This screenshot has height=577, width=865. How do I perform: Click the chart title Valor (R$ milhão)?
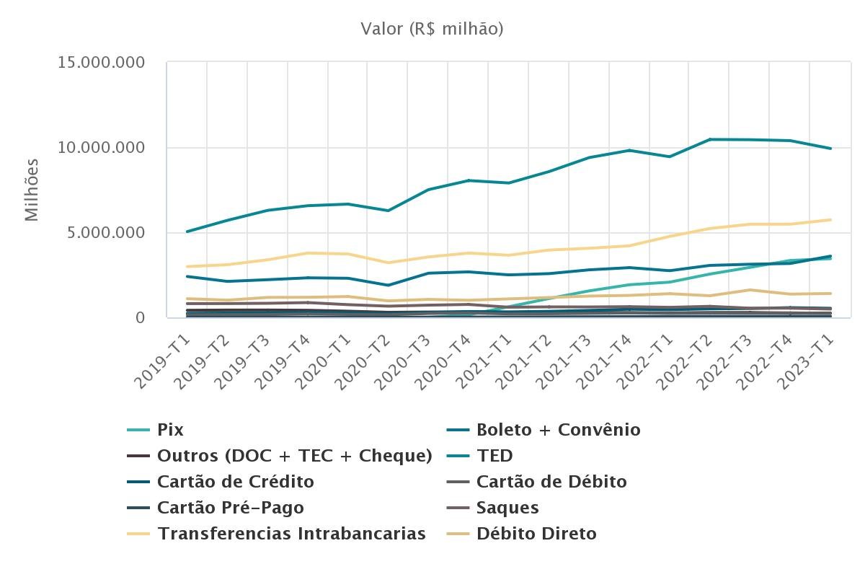pyautogui.click(x=432, y=29)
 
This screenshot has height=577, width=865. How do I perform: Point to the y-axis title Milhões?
pyautogui.click(x=32, y=190)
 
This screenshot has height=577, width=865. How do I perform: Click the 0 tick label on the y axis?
pyautogui.click(x=140, y=318)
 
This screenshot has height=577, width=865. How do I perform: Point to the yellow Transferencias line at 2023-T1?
pyautogui.click(x=830, y=220)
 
